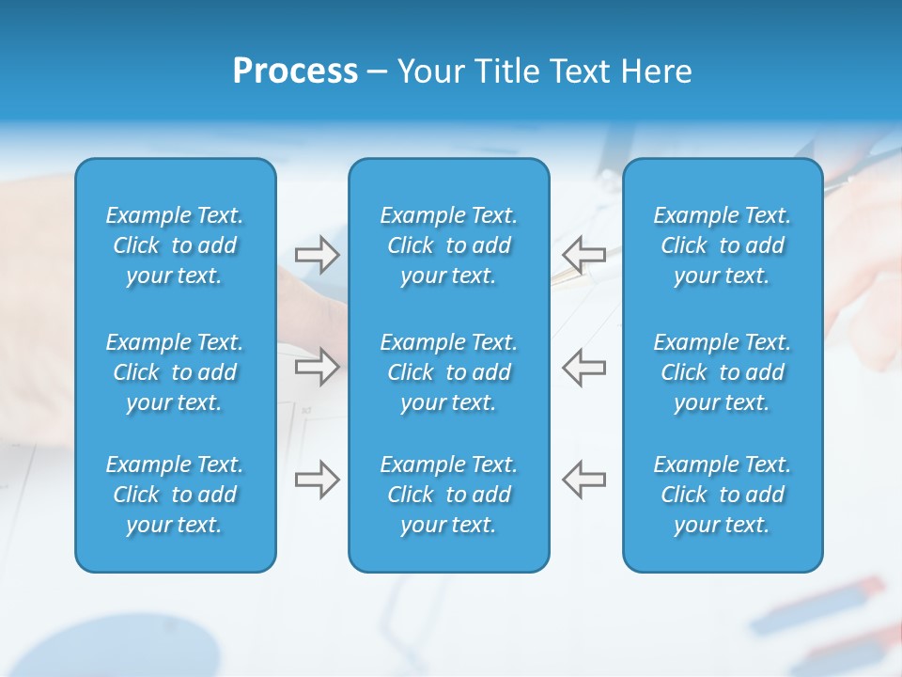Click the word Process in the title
click(295, 71)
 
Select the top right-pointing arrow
click(317, 254)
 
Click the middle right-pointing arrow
click(317, 366)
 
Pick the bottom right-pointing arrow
click(317, 480)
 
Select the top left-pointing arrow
click(583, 254)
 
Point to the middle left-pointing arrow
click(583, 366)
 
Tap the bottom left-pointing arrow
click(583, 480)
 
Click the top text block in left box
click(175, 245)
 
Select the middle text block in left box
click(175, 372)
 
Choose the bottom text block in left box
click(175, 495)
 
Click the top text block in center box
click(448, 245)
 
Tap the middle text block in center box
click(448, 372)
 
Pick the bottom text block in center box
click(448, 495)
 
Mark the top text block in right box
click(722, 245)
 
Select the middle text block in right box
click(722, 372)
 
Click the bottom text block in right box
click(722, 495)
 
